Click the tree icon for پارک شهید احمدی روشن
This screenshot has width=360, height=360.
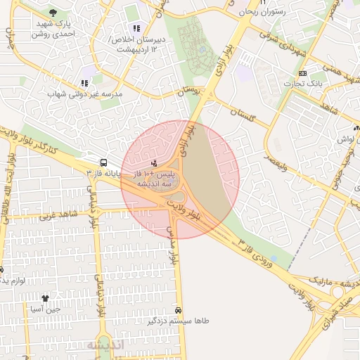point(53,13)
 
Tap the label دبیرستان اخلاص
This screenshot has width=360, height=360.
point(141,39)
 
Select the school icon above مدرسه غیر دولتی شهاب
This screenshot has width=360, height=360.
point(84,83)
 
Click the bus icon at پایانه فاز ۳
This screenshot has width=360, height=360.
point(103,161)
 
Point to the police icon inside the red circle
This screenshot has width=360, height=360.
point(154,163)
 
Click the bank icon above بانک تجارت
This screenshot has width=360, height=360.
point(302,73)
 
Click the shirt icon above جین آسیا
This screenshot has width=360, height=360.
point(45,297)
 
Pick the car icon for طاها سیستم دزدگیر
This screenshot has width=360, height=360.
point(178,310)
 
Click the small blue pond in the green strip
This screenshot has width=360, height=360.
point(201,50)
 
